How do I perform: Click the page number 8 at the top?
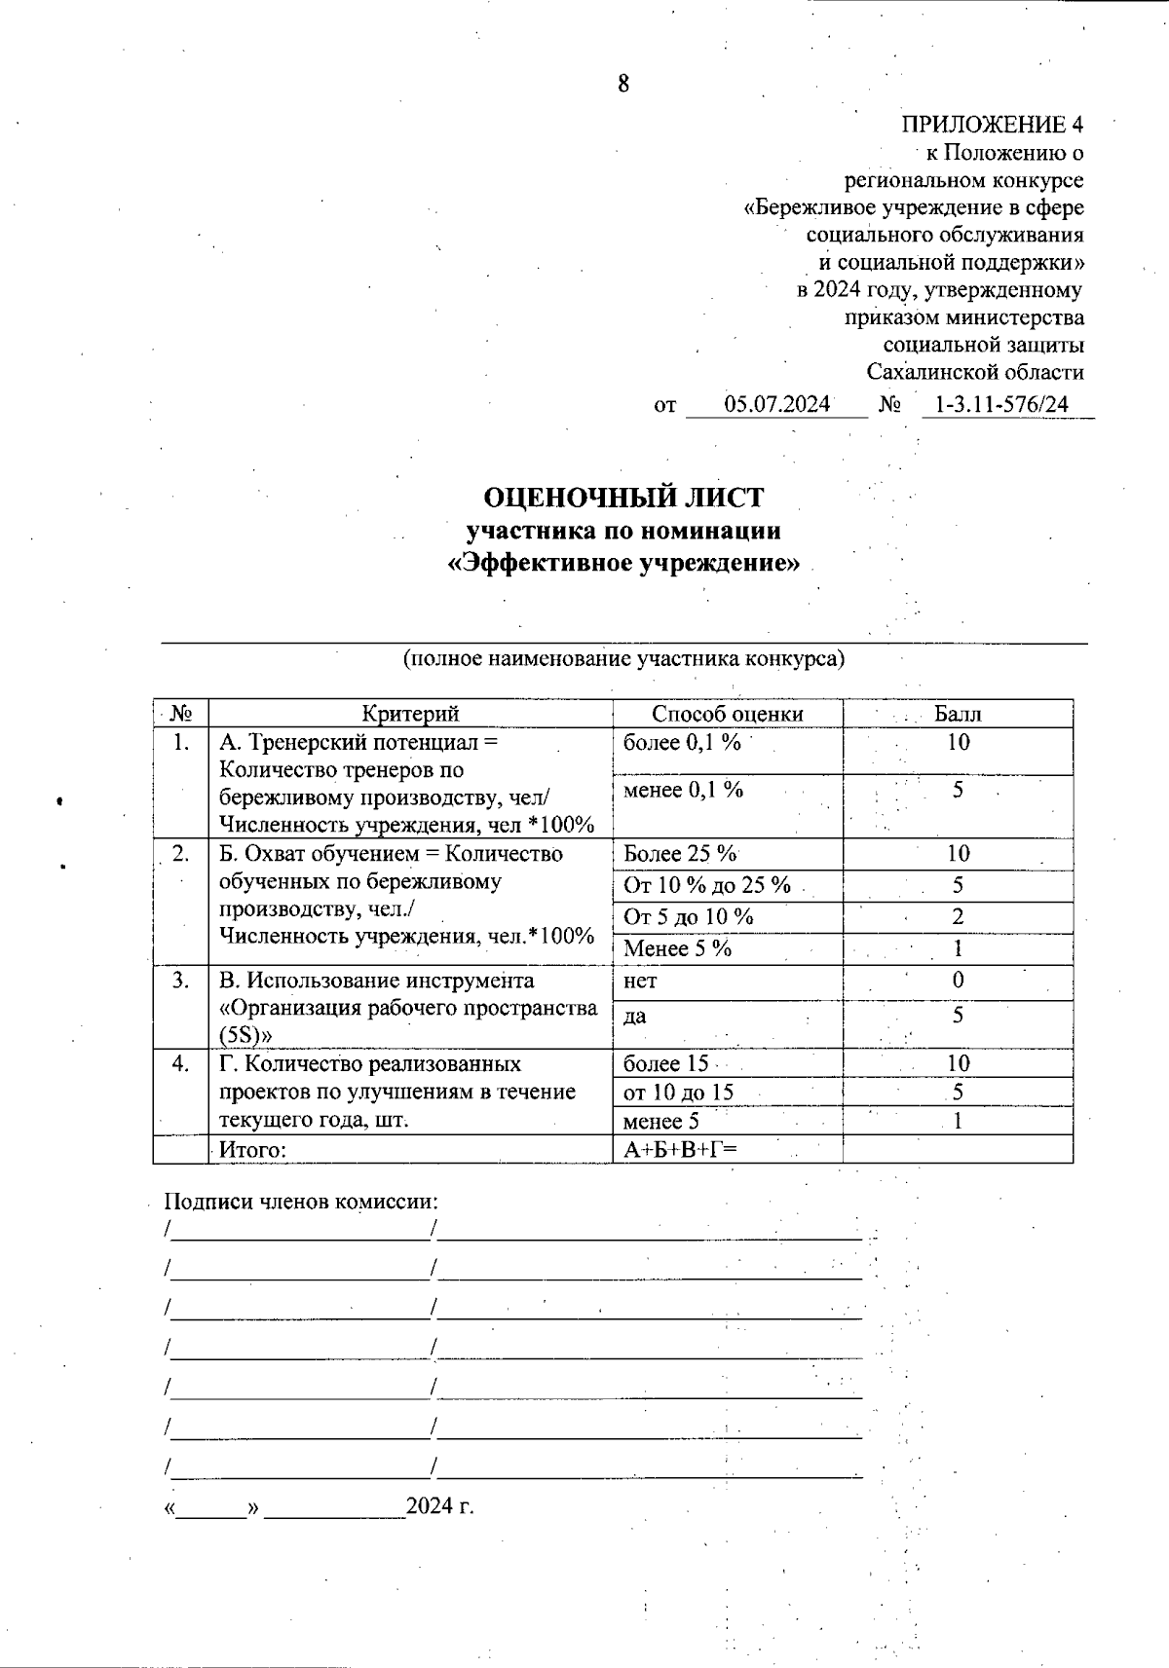[623, 84]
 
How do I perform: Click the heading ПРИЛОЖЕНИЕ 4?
[992, 125]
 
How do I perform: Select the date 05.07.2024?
[776, 404]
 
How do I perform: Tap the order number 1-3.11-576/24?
[1000, 404]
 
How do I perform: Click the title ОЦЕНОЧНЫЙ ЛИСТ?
[623, 498]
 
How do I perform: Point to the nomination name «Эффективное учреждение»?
[623, 564]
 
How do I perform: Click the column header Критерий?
[410, 714]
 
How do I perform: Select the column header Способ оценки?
[727, 714]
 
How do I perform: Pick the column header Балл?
[958, 714]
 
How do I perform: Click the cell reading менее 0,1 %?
[683, 790]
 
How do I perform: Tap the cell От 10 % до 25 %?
[707, 885]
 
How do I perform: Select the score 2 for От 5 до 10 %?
[958, 916]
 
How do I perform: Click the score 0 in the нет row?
[958, 980]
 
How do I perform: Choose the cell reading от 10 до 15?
[678, 1093]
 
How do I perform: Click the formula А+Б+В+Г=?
[680, 1150]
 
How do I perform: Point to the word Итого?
[252, 1150]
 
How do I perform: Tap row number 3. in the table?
[181, 981]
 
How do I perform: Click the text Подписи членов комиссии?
[301, 1202]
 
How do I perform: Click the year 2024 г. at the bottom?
[439, 1506]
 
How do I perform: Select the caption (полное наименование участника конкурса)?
[623, 659]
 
